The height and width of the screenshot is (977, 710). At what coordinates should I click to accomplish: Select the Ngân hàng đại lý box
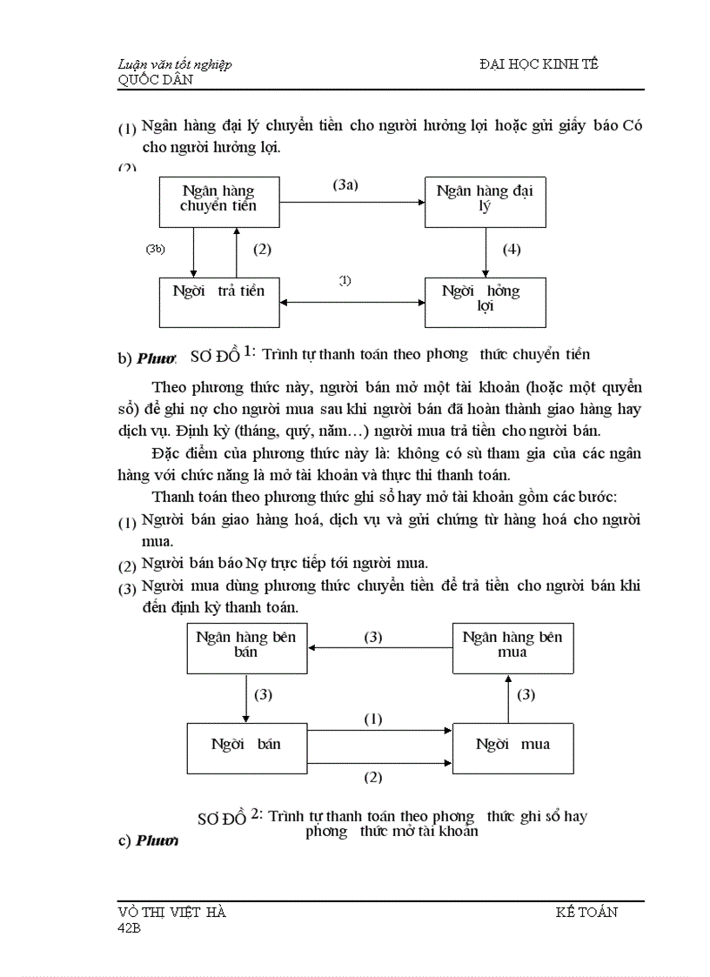click(485, 200)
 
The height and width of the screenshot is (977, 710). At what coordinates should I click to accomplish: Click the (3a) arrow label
click(345, 185)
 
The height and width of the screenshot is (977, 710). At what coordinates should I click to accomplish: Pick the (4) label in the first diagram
click(512, 250)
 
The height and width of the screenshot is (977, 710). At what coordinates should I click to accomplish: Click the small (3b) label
click(156, 249)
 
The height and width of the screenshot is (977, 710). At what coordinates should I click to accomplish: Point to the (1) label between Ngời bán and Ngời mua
click(372, 719)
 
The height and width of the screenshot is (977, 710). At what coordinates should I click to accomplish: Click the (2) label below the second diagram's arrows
click(372, 777)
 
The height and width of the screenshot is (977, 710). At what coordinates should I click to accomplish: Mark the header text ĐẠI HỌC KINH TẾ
click(539, 65)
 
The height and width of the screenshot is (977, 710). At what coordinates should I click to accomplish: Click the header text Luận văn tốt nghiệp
click(175, 65)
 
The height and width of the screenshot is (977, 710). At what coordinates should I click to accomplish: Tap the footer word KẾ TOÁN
click(586, 912)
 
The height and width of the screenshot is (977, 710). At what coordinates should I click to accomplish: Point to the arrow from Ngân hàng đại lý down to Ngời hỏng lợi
click(485, 252)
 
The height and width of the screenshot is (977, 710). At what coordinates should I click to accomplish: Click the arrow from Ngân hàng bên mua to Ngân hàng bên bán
click(379, 648)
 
